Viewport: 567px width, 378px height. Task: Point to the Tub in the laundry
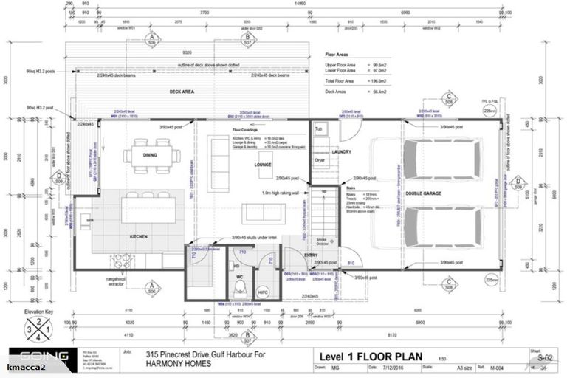[x=319, y=128]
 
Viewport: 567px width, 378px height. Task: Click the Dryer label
[x=320, y=159]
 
